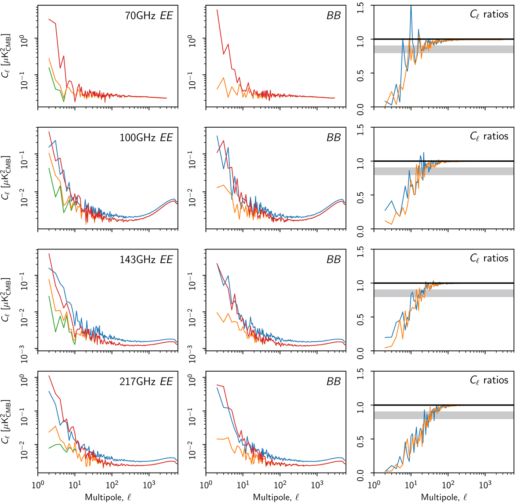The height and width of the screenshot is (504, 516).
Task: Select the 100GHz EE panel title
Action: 146,138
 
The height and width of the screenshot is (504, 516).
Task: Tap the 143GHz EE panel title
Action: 146,260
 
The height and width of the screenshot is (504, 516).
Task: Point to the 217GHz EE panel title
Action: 146,382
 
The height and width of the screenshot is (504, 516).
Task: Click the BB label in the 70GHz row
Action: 334,15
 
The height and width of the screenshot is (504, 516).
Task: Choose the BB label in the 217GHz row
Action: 334,382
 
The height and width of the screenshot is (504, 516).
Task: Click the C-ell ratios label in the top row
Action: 489,15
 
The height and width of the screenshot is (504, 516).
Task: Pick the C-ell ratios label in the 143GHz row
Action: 489,258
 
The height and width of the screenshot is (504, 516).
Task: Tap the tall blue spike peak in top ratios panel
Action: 411,6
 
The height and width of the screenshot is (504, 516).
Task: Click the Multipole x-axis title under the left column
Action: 108,497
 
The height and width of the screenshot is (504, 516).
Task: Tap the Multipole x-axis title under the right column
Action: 444,497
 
